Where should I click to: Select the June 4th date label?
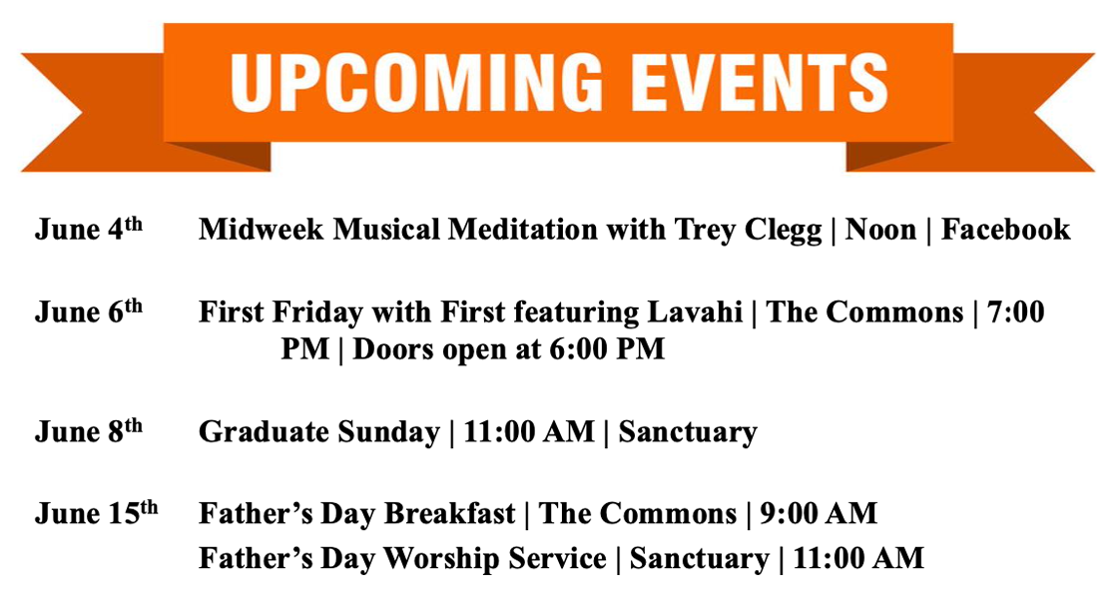coord(89,230)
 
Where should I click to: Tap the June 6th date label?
coord(89,311)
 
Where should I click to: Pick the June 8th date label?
coord(89,431)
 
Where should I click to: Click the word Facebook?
coord(1005,230)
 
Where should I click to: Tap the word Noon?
coord(880,230)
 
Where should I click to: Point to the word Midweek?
coord(261,230)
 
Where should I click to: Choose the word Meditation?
coord(523,230)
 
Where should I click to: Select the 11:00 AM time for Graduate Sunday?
coord(529,431)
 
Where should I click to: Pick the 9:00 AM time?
coord(818,514)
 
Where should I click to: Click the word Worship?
coord(435,559)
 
